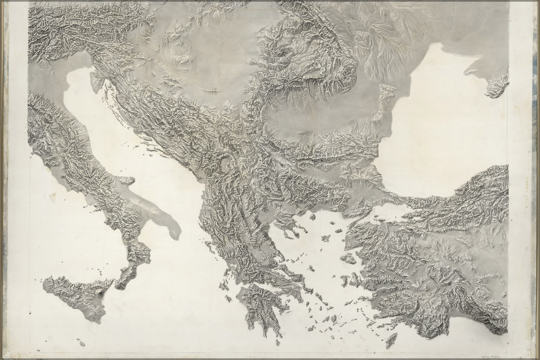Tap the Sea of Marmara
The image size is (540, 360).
[x=389, y=209]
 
